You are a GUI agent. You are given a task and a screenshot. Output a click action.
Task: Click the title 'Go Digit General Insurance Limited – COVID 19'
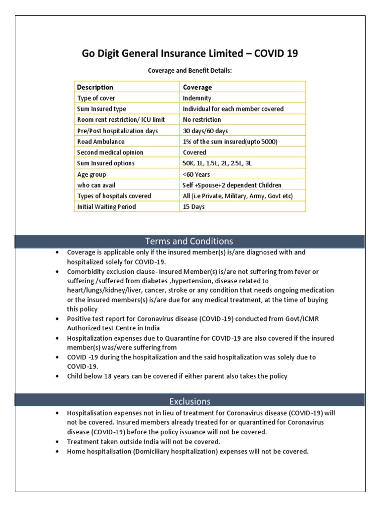point(190,53)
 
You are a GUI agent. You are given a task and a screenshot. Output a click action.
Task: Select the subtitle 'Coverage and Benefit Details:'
point(190,71)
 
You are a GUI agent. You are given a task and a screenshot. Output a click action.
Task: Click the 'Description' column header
point(95,87)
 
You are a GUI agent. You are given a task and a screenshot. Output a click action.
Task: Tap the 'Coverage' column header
point(197,87)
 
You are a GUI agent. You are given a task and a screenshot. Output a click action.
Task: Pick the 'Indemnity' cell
point(197,98)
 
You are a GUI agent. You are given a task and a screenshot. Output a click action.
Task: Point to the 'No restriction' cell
point(202,120)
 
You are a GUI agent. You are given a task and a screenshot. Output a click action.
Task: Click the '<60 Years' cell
point(196,174)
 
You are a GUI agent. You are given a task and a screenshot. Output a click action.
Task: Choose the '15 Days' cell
point(193,207)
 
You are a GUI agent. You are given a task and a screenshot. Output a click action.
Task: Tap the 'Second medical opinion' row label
point(110,152)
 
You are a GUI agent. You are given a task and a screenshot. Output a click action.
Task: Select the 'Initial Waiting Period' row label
point(106,207)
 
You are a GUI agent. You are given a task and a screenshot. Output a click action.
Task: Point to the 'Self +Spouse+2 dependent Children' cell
point(232,185)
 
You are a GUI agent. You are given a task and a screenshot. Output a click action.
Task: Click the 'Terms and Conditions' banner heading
point(190,241)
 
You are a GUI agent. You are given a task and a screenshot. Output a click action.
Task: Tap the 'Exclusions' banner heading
point(190,401)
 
